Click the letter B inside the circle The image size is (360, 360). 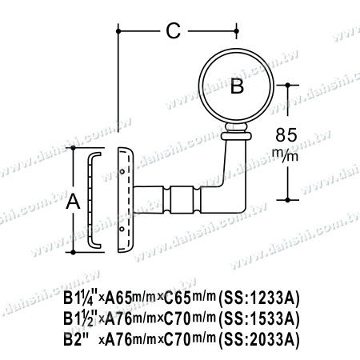237,87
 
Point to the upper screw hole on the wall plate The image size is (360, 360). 122,170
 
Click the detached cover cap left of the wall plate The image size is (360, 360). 92,202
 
